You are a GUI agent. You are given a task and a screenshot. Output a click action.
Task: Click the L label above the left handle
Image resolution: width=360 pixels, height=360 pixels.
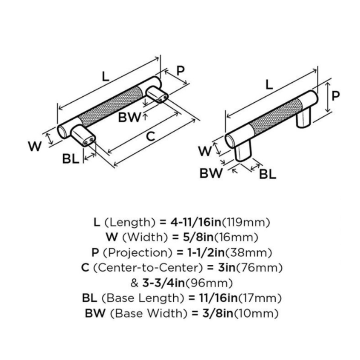(105, 76)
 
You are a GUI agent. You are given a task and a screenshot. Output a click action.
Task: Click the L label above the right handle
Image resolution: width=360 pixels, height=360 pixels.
(269, 84)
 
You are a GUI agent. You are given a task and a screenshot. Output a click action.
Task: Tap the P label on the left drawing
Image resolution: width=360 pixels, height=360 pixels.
(180, 71)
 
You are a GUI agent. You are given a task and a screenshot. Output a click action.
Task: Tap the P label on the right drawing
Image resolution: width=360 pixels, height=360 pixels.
(336, 96)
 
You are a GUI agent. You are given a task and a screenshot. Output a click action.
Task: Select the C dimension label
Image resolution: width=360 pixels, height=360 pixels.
(150, 136)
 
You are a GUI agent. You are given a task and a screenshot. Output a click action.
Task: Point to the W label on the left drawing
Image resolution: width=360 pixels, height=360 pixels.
(35, 147)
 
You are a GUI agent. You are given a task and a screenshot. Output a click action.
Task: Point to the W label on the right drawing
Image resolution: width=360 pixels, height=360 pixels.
(205, 151)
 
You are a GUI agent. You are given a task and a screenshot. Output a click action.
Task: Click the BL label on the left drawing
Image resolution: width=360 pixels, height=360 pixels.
(71, 159)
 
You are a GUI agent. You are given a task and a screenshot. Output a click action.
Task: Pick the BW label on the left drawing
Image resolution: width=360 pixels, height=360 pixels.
(130, 118)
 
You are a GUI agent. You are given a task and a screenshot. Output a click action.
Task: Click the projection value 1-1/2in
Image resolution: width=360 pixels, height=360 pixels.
(196, 252)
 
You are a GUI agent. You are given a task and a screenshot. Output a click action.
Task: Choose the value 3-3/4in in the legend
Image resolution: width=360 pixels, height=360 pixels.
(162, 283)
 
